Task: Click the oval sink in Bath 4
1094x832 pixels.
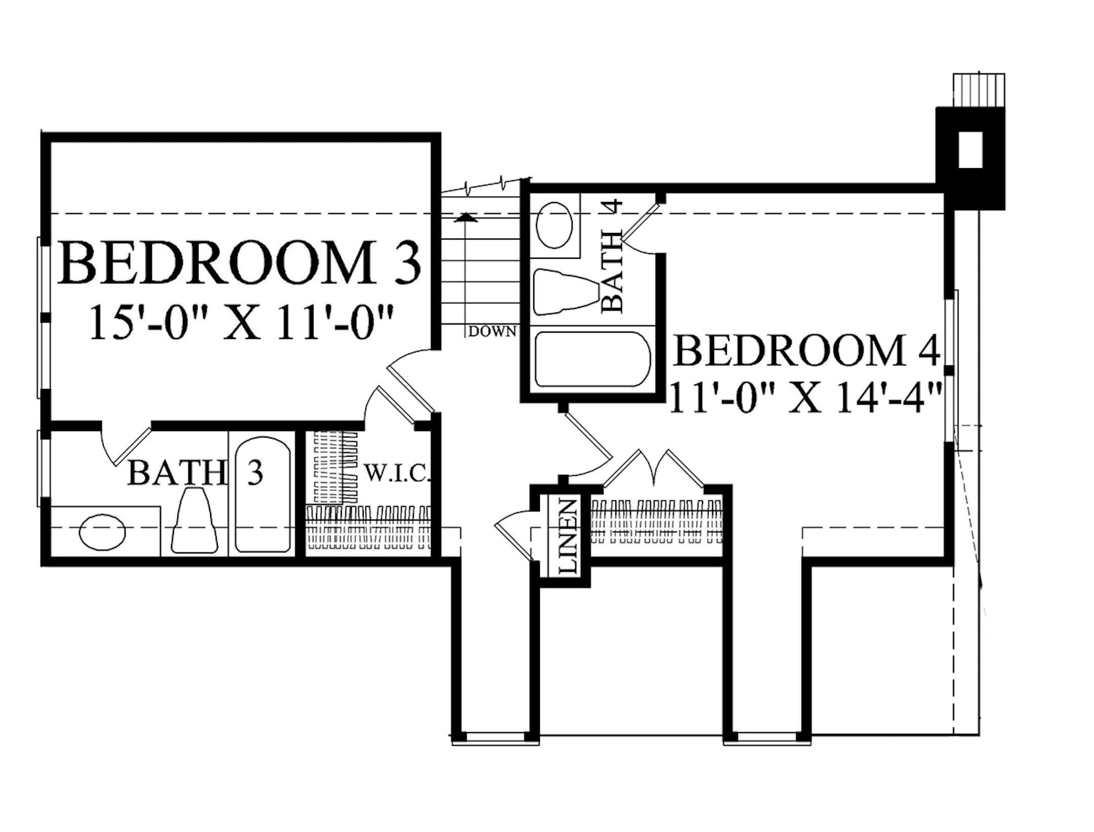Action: click(x=555, y=225)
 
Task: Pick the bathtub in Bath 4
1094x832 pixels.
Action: click(x=592, y=359)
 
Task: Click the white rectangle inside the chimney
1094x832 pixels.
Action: click(x=970, y=150)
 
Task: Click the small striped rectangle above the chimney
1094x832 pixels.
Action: click(x=979, y=90)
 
